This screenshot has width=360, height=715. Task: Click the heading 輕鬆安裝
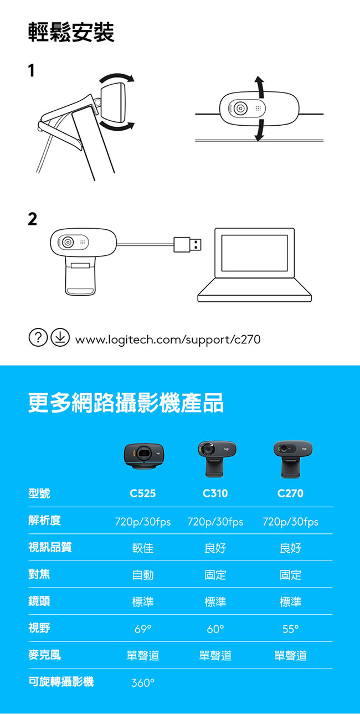tap(71, 32)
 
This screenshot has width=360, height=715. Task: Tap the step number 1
tap(31, 70)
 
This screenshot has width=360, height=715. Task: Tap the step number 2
tap(32, 219)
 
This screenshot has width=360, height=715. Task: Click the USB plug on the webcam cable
tap(187, 244)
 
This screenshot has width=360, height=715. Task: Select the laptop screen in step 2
tap(254, 253)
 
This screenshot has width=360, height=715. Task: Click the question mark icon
tap(38, 338)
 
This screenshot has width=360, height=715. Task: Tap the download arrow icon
tap(60, 338)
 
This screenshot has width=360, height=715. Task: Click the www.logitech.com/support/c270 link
tap(168, 340)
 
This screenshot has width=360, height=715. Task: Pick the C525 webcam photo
tap(144, 456)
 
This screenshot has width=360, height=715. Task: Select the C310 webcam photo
tap(217, 459)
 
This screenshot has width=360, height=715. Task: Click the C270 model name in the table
tap(290, 493)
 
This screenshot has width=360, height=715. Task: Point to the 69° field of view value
tap(143, 629)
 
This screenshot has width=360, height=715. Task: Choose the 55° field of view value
tap(290, 629)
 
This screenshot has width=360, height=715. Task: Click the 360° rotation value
tap(143, 683)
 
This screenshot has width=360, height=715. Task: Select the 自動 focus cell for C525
tap(143, 575)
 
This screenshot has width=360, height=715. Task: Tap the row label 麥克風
tap(44, 655)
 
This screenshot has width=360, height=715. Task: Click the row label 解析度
tap(44, 520)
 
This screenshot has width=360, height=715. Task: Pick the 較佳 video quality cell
tap(143, 548)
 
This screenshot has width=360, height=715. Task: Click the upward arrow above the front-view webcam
tap(261, 87)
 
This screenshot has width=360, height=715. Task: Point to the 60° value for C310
tap(215, 629)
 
